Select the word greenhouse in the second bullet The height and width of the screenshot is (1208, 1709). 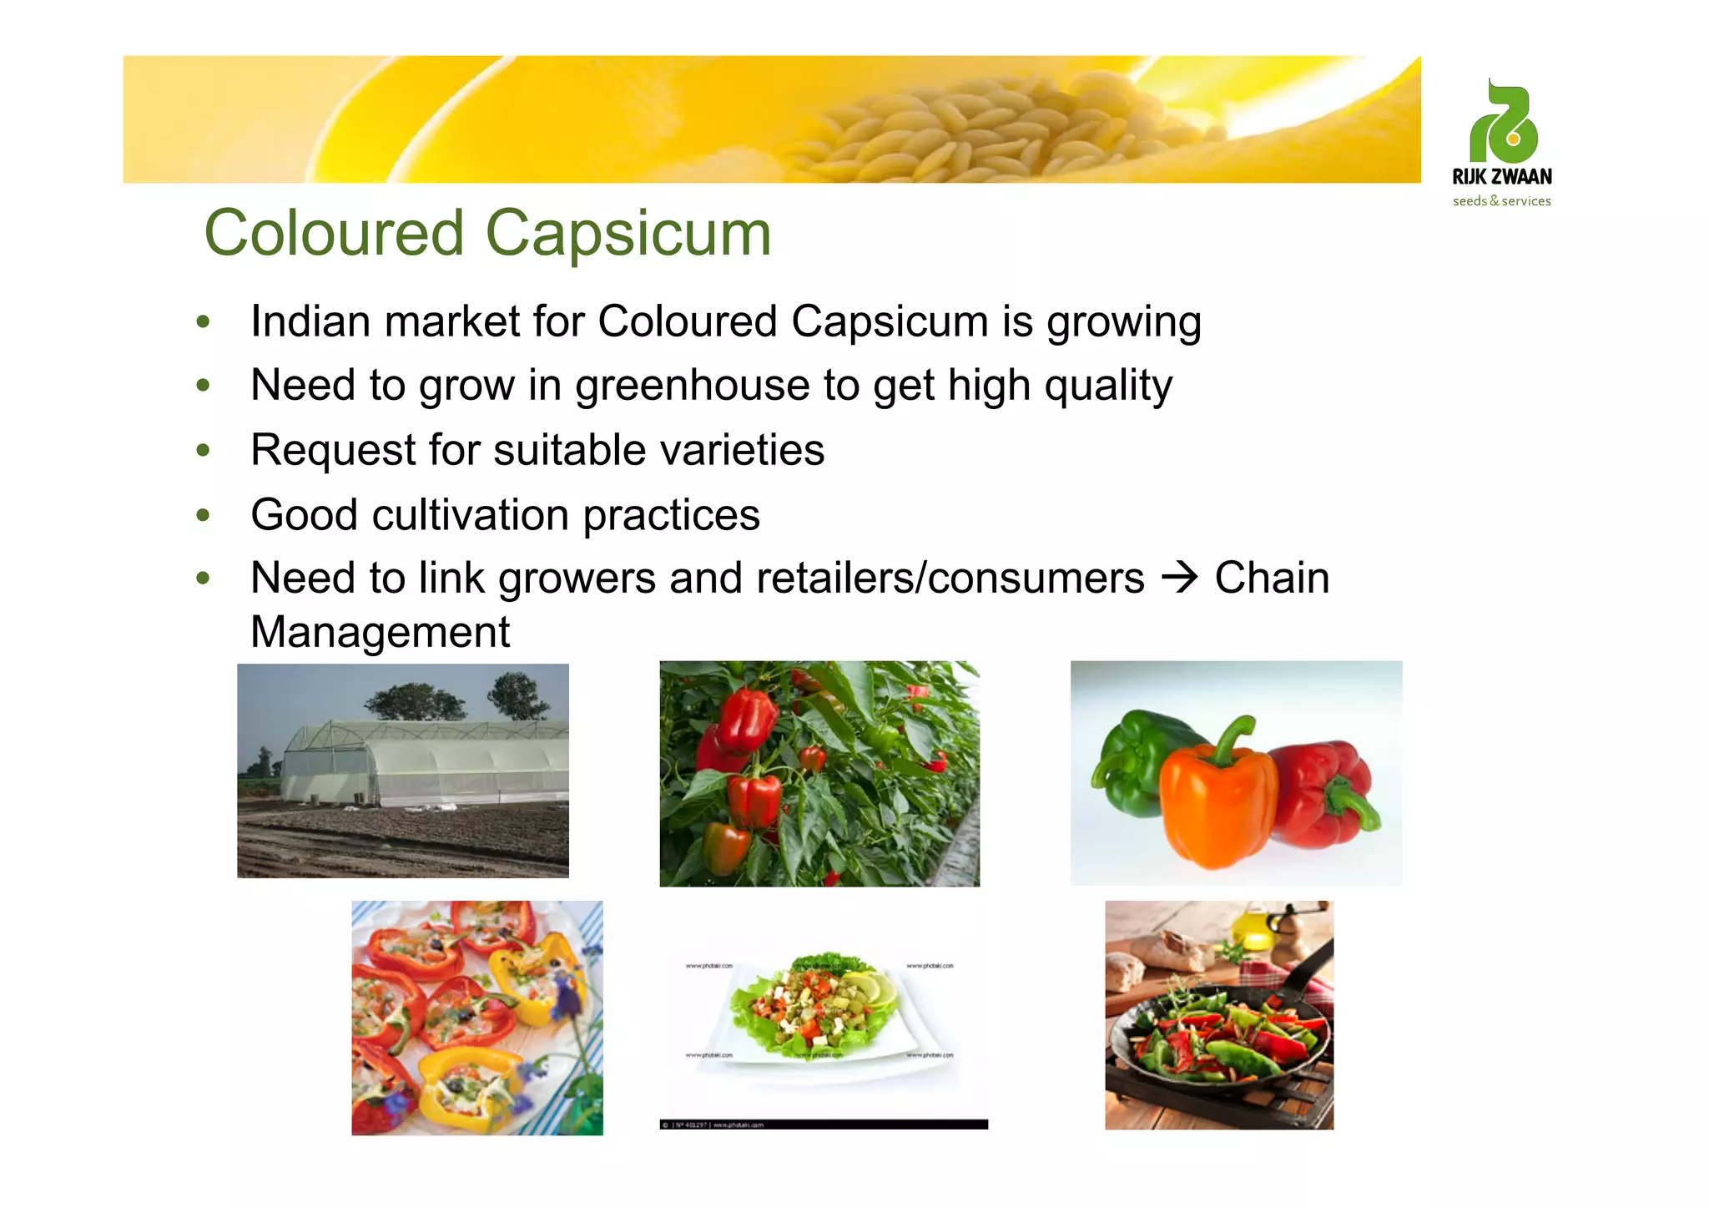(x=692, y=386)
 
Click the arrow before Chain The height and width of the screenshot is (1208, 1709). (x=1179, y=578)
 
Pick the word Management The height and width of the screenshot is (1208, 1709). (x=381, y=632)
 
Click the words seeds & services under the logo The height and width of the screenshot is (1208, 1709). (x=1501, y=201)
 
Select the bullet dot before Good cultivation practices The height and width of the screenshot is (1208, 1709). (x=203, y=514)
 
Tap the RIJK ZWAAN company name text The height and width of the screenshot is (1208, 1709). (x=1501, y=177)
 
